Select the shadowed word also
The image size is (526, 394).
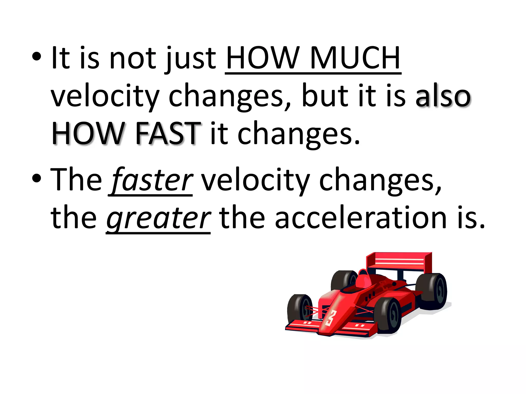point(443,96)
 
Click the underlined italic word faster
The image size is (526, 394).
point(152,179)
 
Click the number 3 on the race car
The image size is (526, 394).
point(331,318)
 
